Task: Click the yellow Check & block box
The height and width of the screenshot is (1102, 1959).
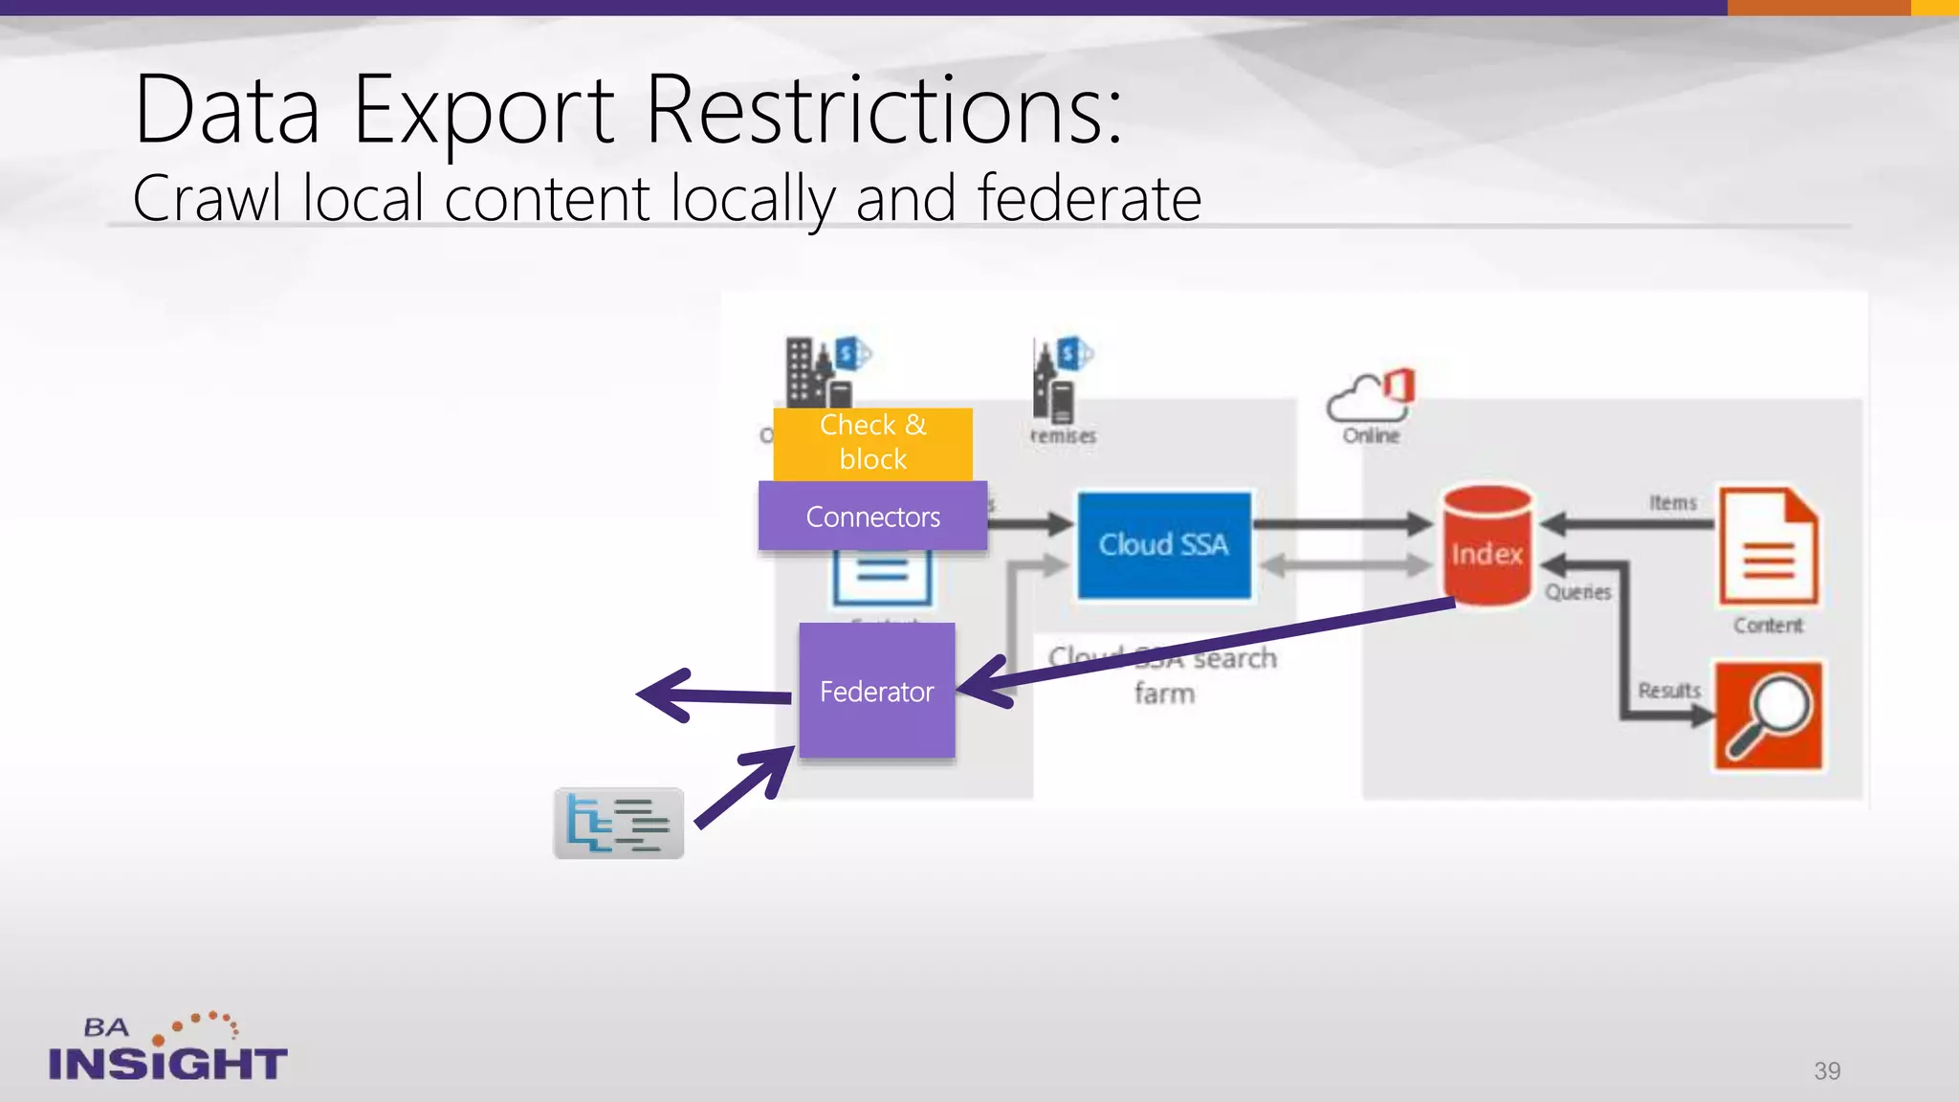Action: tap(872, 443)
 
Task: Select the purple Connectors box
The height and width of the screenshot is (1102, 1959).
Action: tap(872, 517)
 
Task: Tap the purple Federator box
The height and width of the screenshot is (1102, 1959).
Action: tap(876, 691)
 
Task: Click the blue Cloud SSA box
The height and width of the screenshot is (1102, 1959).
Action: tap(1163, 545)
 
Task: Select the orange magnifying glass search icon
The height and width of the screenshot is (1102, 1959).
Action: tap(1768, 715)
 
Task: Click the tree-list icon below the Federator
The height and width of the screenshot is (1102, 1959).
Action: tap(619, 823)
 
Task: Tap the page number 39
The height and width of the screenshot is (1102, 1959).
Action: tap(1827, 1070)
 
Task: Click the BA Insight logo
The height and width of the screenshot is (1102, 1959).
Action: tap(167, 1048)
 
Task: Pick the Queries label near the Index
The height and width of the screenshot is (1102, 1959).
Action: tap(1578, 592)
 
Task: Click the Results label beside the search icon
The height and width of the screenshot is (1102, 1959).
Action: tap(1668, 690)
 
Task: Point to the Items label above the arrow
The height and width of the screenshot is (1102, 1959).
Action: tap(1672, 502)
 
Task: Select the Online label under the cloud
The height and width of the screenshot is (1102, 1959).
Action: tap(1371, 435)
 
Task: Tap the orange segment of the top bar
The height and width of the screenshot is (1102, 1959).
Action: tap(1818, 8)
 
